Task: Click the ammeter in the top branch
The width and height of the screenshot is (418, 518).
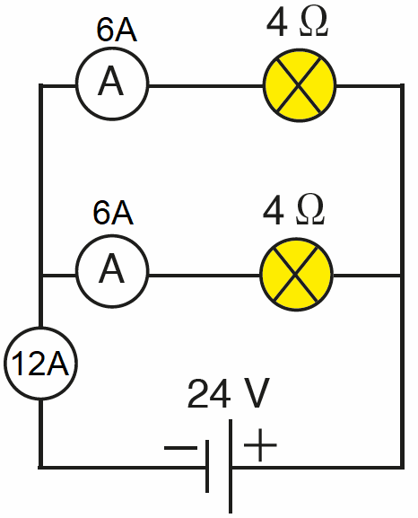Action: pyautogui.click(x=112, y=83)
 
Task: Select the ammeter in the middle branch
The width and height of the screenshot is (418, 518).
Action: pyautogui.click(x=112, y=271)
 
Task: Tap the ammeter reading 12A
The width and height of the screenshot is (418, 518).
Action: pyautogui.click(x=40, y=364)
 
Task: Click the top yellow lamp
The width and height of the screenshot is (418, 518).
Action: pyautogui.click(x=300, y=85)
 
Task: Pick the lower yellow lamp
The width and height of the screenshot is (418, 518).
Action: pyautogui.click(x=296, y=274)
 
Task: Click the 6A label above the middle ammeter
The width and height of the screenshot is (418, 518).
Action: pyautogui.click(x=113, y=213)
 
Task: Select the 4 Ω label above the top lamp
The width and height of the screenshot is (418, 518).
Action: pyautogui.click(x=297, y=22)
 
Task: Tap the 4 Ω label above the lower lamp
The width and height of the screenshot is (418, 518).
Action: pyautogui.click(x=294, y=210)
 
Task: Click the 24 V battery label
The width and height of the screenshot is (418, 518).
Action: pyautogui.click(x=229, y=393)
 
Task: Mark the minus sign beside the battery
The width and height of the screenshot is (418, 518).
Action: pyautogui.click(x=180, y=448)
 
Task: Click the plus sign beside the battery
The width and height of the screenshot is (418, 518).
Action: pyautogui.click(x=260, y=444)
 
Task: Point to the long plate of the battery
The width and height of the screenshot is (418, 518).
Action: pyautogui.click(x=231, y=466)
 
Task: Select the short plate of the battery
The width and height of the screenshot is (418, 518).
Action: pyautogui.click(x=207, y=466)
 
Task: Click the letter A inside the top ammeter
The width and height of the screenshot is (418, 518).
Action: pyautogui.click(x=110, y=81)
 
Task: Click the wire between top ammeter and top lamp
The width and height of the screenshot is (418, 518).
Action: pyautogui.click(x=206, y=86)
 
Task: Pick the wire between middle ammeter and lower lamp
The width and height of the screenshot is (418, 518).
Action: pyautogui.click(x=205, y=275)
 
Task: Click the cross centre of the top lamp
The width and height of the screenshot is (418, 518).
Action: pyautogui.click(x=299, y=85)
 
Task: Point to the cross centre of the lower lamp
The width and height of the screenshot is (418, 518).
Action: pyautogui.click(x=296, y=274)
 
